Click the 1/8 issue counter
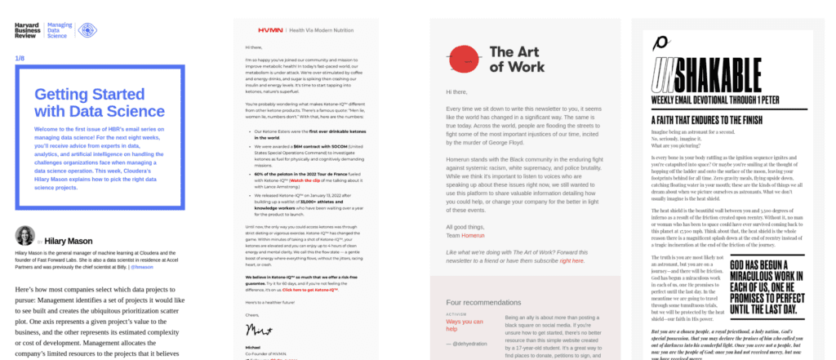tap(20, 58)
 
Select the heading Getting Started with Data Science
tap(99, 102)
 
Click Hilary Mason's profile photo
tap(24, 236)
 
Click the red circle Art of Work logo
tap(463, 58)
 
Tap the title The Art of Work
tap(518, 59)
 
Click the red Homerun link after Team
tap(478, 212)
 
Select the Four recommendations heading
tap(483, 302)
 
